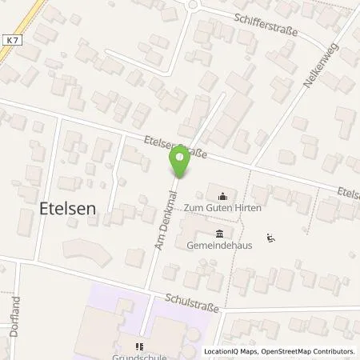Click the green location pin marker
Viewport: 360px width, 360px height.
(180, 164)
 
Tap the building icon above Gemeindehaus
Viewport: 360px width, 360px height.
(220, 233)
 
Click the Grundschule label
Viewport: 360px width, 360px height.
(141, 357)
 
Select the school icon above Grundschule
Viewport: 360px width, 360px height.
(140, 346)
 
